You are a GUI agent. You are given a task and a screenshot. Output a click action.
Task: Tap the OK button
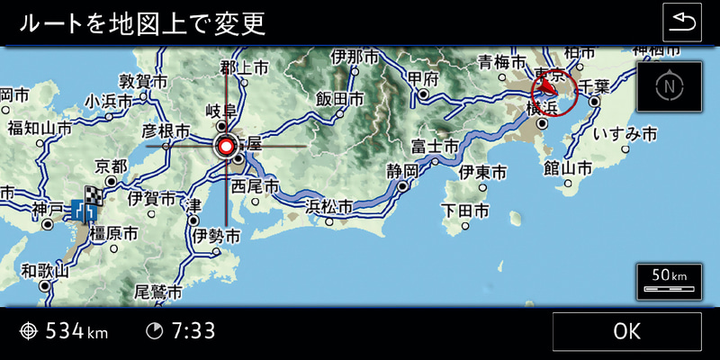coord(626,331)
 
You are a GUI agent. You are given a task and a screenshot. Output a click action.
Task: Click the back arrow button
coord(681,22)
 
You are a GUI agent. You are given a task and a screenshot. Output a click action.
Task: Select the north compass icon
coord(668,87)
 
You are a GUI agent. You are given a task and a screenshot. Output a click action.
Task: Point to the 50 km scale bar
coord(668,281)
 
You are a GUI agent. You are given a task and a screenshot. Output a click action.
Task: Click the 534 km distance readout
coord(76,331)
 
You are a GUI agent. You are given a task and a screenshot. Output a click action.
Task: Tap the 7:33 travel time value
coord(193,331)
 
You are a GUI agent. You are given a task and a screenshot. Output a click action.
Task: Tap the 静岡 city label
coord(403,170)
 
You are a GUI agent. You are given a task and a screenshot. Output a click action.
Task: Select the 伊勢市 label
coord(216,236)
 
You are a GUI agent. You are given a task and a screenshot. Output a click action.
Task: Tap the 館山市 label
coord(568,168)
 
